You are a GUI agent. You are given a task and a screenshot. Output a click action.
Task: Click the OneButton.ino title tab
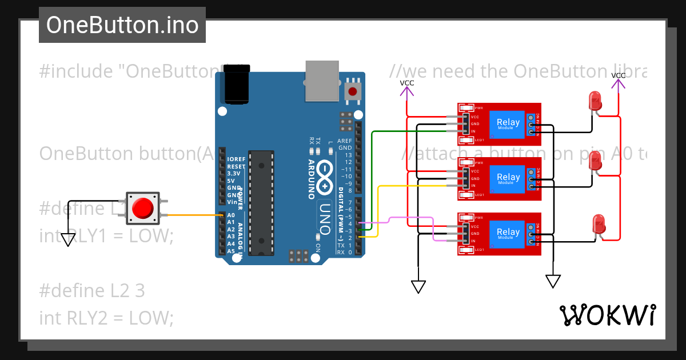(122, 25)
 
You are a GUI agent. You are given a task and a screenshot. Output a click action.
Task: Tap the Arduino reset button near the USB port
(354, 91)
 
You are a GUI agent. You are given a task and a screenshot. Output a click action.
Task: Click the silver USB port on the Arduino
(323, 81)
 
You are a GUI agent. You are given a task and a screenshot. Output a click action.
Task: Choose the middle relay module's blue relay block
(508, 179)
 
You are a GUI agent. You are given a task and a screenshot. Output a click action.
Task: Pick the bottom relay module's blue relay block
(508, 234)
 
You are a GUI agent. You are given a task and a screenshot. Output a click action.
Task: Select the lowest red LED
(599, 222)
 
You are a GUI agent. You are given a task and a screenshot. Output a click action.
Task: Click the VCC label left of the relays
(406, 83)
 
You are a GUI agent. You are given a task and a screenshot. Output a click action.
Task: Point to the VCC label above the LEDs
(618, 76)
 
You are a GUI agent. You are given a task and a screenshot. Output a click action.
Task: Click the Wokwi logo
(607, 315)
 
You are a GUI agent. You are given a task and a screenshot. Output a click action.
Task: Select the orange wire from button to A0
(194, 215)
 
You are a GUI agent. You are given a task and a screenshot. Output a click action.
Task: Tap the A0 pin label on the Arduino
(231, 215)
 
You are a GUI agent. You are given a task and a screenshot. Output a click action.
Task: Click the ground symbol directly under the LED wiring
(553, 281)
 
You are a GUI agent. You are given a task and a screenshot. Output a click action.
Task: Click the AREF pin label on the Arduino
(345, 141)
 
